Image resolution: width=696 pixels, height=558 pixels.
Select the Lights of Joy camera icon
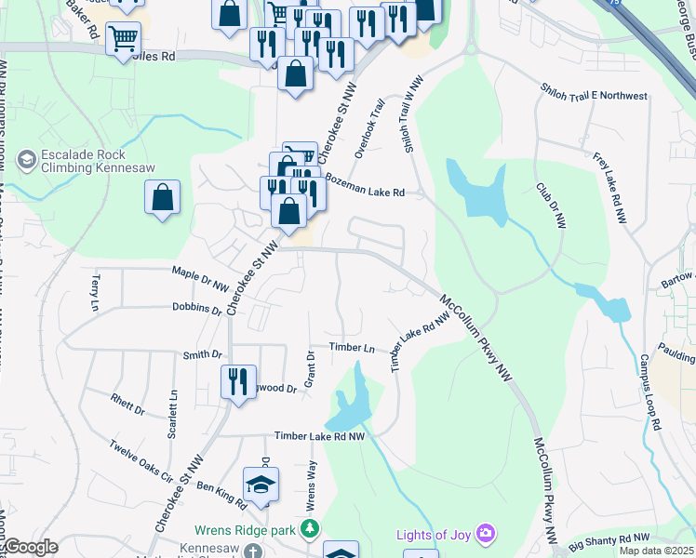(485, 533)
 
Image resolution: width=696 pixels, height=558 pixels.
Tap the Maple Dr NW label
(200, 276)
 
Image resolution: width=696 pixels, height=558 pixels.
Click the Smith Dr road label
(203, 354)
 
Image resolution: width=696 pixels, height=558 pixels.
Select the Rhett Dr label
(127, 405)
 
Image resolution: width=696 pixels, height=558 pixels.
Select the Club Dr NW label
(550, 205)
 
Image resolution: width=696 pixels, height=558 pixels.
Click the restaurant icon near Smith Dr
(238, 380)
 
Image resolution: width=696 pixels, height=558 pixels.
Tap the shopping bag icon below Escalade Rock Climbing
(162, 197)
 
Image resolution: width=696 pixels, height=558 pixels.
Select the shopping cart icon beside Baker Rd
(123, 39)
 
